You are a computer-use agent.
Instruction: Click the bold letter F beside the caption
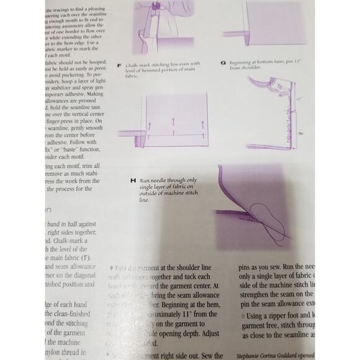tap(119, 64)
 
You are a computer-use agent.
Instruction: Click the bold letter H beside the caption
tap(132, 180)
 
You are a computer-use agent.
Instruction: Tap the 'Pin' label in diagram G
tap(300, 132)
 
